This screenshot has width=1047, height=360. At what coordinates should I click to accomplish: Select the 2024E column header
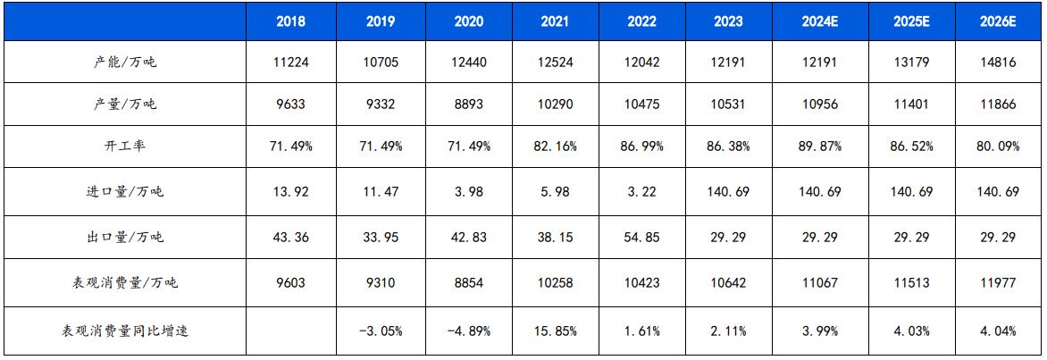click(816, 22)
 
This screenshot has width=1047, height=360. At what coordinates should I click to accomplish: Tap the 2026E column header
click(998, 22)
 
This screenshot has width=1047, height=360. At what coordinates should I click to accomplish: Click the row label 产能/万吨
click(126, 62)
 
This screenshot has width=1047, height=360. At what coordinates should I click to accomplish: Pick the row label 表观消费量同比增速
click(126, 331)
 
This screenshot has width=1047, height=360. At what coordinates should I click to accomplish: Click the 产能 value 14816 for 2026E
click(998, 62)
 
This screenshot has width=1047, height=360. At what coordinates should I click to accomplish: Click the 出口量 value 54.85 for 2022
click(641, 238)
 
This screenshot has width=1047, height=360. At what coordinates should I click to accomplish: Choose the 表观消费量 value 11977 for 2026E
click(998, 282)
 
